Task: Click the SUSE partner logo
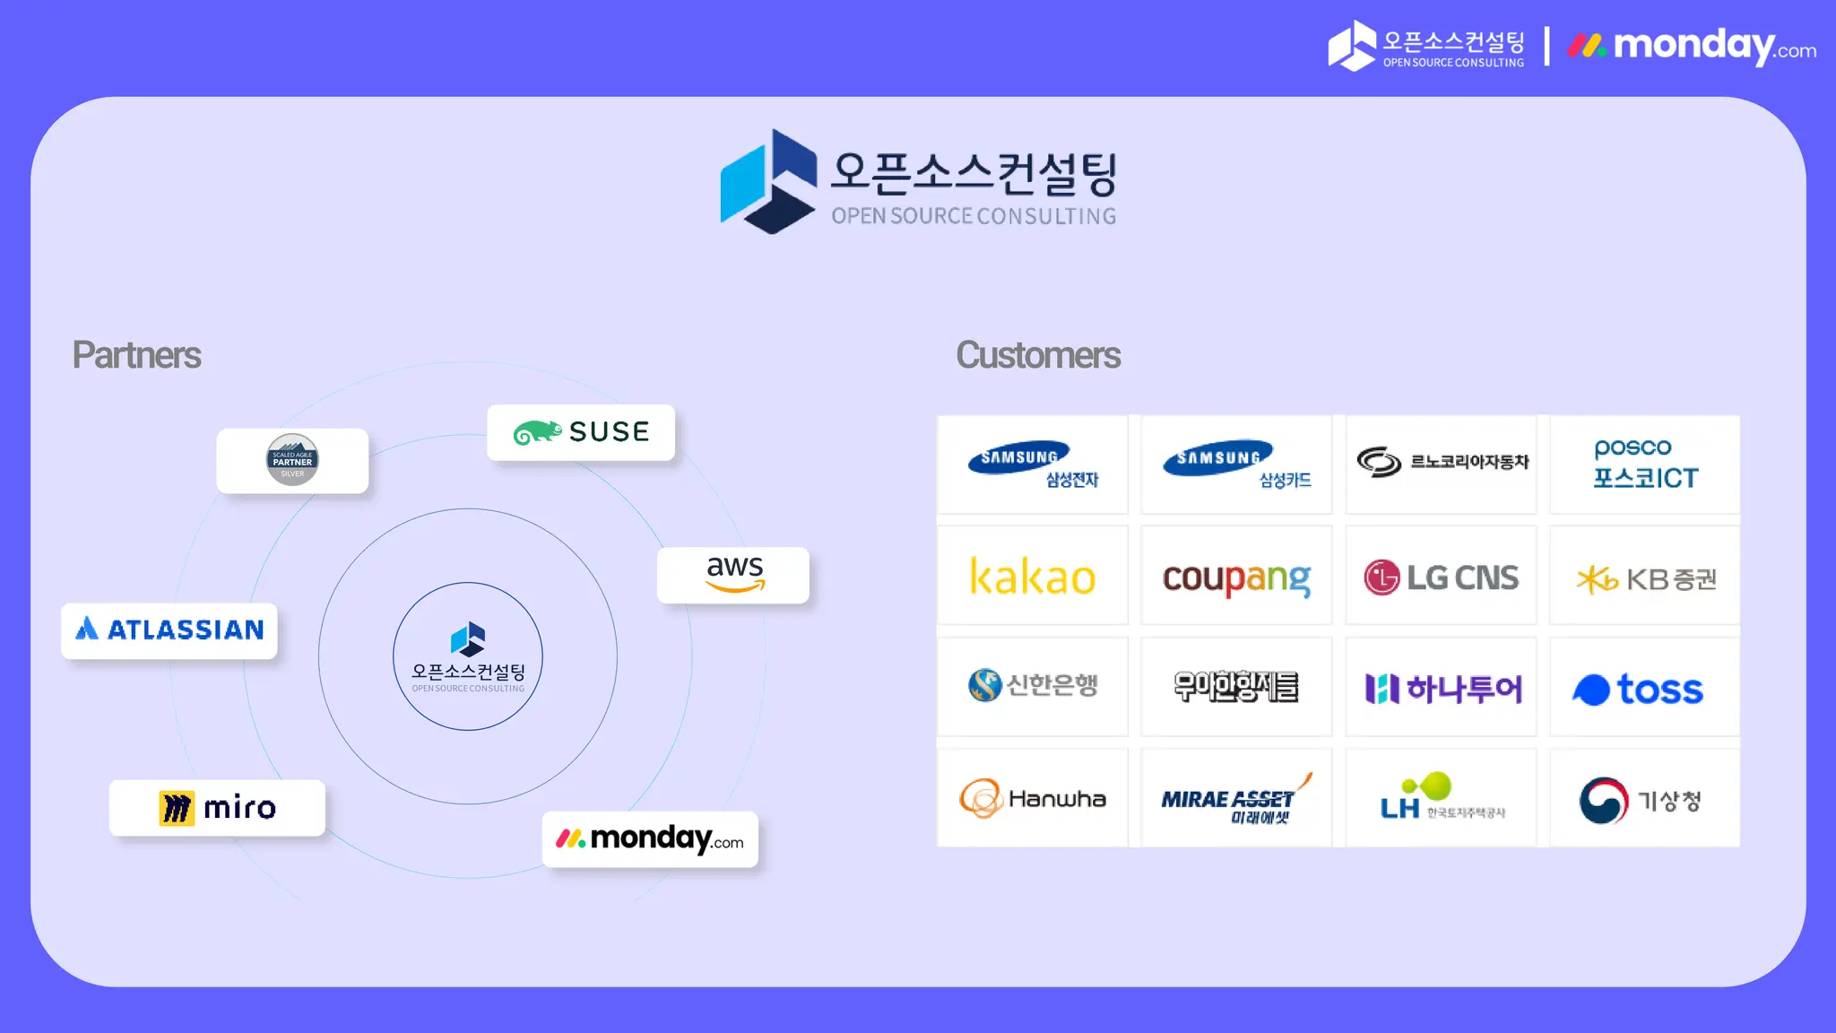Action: coord(581,432)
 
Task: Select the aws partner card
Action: coord(733,575)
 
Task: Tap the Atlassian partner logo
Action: coord(169,630)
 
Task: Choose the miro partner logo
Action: coord(217,808)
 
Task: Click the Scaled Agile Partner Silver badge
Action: coord(292,460)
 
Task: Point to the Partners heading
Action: coord(136,355)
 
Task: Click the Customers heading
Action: coord(1038,355)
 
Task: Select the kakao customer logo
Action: coord(1033,577)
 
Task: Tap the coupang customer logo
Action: coord(1236,577)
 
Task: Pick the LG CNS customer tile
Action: coord(1441,577)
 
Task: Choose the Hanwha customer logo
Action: coord(1033,798)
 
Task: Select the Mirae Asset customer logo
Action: coord(1236,798)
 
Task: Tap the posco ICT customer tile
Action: coord(1644,464)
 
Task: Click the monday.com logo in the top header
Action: coord(1692,46)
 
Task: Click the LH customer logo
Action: coord(1441,798)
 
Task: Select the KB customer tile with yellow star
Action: coord(1644,578)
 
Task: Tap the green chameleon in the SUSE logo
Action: coord(537,433)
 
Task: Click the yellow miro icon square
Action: coord(177,808)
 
